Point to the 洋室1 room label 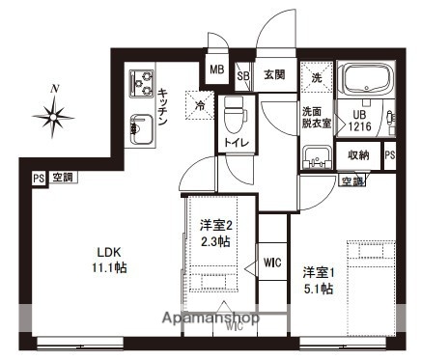click(x=318, y=271)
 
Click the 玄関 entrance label click(x=273, y=74)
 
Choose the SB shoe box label click(x=243, y=75)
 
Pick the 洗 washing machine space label click(x=315, y=76)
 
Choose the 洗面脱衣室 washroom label click(x=315, y=116)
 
